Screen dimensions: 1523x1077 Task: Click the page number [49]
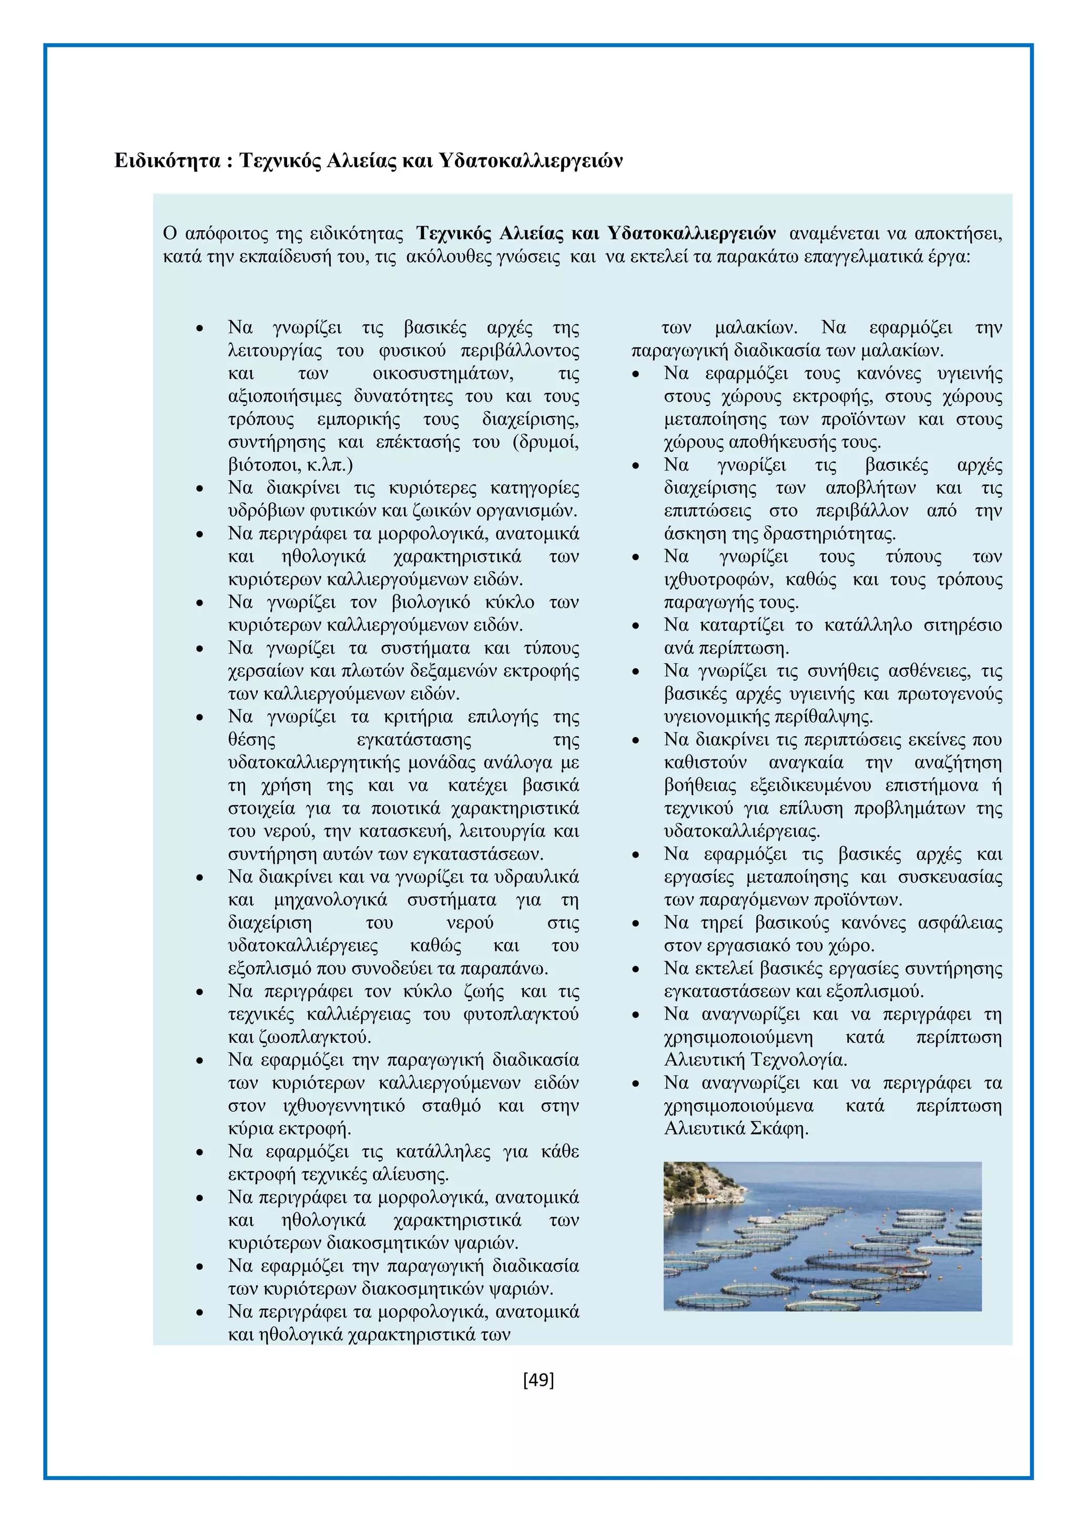pos(538,1380)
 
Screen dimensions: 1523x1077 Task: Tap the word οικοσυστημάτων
pos(442,373)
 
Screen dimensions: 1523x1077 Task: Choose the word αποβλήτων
pos(871,488)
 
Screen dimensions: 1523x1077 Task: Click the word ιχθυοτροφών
pos(718,580)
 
